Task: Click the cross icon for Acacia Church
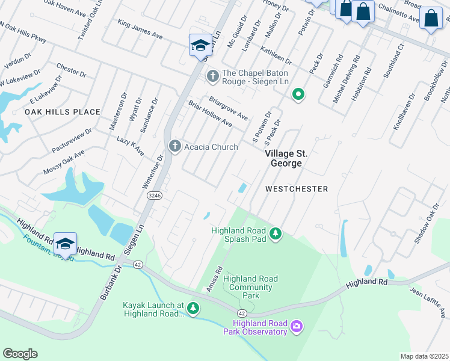[x=175, y=147]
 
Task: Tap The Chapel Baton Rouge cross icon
[x=212, y=76]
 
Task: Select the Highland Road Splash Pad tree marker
[x=276, y=233]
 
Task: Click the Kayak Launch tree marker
[x=193, y=309]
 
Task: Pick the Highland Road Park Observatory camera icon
[x=296, y=327]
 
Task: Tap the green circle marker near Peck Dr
[x=297, y=94]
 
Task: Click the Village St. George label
[x=283, y=158]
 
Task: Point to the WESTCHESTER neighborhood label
[x=297, y=189]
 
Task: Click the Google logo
[x=20, y=354]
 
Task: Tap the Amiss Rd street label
[x=214, y=280]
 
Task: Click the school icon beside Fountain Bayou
[x=65, y=244]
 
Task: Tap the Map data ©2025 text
[x=424, y=356]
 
